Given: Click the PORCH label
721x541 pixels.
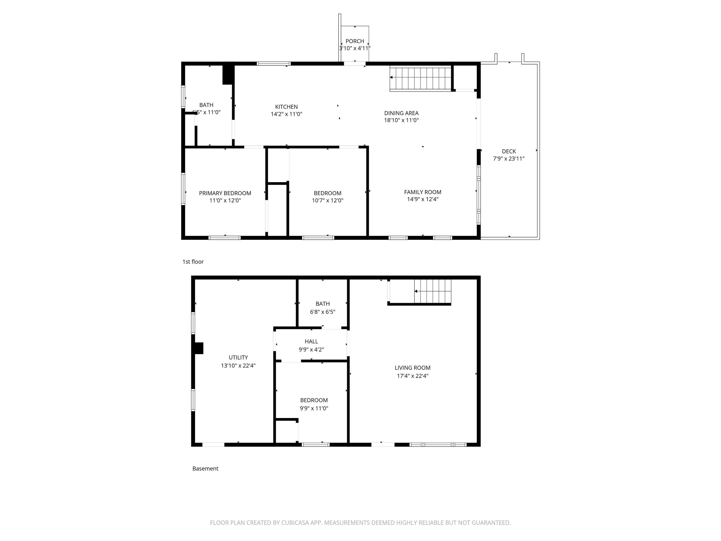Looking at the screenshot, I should click(355, 41).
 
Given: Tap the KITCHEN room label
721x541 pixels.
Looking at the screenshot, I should click(286, 107).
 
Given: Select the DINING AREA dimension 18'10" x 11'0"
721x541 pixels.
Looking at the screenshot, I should click(401, 120).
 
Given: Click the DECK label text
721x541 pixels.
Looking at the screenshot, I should click(509, 151).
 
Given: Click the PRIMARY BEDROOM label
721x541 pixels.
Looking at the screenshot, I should click(225, 193).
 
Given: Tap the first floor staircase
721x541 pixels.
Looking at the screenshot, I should click(421, 78).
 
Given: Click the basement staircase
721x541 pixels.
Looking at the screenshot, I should click(433, 291).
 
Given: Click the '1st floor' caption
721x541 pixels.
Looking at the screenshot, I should click(193, 262).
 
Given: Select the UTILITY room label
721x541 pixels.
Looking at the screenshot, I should click(238, 357).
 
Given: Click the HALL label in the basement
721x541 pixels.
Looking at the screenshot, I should click(311, 341).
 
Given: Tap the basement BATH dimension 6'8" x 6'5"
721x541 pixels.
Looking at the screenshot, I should click(322, 312).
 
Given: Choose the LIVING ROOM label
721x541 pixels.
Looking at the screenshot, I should click(412, 367).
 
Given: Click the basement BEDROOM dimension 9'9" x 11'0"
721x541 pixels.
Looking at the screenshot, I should click(314, 408).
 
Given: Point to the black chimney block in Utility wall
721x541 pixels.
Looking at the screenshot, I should click(199, 348).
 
